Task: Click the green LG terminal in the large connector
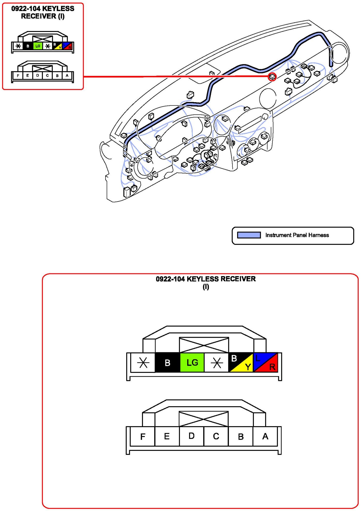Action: (x=192, y=362)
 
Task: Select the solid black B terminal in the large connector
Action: (x=168, y=362)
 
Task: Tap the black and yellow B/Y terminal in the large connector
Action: (x=241, y=362)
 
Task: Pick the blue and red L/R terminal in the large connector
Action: (x=266, y=362)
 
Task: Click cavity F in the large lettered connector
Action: (x=142, y=436)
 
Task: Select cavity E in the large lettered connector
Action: (x=167, y=436)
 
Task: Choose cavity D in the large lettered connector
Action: (x=192, y=436)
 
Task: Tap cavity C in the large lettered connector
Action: (x=216, y=436)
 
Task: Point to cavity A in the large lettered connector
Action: (x=265, y=436)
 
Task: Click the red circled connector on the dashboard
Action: (x=272, y=77)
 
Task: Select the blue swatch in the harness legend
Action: (x=249, y=235)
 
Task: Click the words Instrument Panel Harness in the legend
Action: (x=297, y=235)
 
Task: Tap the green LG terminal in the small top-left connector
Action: (x=38, y=46)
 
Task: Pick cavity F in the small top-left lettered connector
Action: (x=18, y=76)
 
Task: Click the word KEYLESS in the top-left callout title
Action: (x=58, y=9)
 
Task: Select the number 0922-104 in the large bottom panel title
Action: (x=170, y=279)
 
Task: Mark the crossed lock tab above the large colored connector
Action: (x=204, y=345)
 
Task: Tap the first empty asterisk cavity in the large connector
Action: (x=143, y=362)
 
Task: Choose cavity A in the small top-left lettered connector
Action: (x=67, y=76)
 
